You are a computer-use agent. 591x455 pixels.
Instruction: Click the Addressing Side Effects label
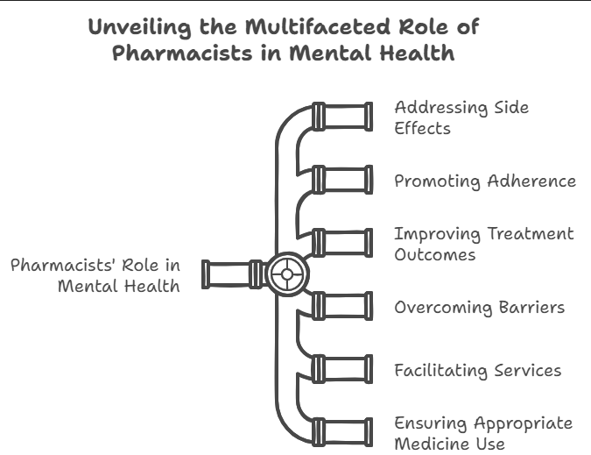pos(461,117)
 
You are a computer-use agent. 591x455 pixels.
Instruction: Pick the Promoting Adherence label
pos(484,181)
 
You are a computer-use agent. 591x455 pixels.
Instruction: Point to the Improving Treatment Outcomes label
pos(483,244)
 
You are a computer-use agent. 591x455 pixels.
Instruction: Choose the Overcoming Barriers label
pos(478,307)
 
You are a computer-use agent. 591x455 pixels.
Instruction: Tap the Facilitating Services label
pos(477,370)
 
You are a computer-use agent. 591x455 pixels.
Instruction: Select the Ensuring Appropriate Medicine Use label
pos(482,433)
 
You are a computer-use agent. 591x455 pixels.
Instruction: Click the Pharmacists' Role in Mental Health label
pos(95,274)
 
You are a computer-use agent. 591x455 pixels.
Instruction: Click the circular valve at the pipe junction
pos(285,274)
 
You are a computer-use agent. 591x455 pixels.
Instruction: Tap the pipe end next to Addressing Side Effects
pos(341,117)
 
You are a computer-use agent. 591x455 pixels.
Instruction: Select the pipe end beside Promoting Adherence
pos(341,181)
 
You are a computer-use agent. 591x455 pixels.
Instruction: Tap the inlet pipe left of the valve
pos(229,274)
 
